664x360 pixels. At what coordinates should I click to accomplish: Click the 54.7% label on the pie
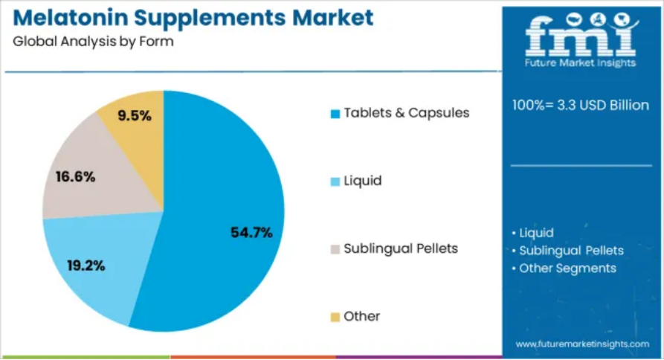pyautogui.click(x=251, y=233)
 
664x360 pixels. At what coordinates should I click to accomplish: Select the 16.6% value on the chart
pyautogui.click(x=75, y=176)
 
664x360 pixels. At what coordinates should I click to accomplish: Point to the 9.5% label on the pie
pyautogui.click(x=135, y=115)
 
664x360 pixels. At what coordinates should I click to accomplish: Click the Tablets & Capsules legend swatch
pyautogui.click(x=335, y=114)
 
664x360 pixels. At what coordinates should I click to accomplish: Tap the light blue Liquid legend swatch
pyautogui.click(x=335, y=181)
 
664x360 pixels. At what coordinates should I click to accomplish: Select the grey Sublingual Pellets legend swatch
pyautogui.click(x=335, y=249)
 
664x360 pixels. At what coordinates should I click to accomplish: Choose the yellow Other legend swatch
pyautogui.click(x=335, y=317)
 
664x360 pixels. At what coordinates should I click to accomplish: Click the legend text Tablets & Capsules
pyautogui.click(x=406, y=113)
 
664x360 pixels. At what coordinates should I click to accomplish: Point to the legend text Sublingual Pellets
pyautogui.click(x=401, y=248)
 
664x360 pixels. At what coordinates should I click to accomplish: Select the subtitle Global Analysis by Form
pyautogui.click(x=93, y=42)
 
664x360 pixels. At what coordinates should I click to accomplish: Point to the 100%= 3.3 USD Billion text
pyautogui.click(x=581, y=105)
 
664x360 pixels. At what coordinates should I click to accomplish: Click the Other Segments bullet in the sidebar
pyautogui.click(x=567, y=268)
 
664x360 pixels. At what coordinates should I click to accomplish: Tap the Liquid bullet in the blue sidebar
pyautogui.click(x=536, y=233)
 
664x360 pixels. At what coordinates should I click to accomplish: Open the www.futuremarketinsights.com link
pyautogui.click(x=582, y=344)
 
